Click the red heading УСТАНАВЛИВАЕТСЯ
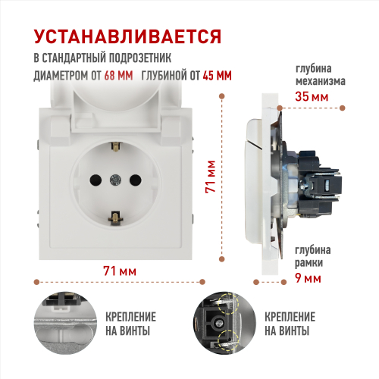pyautogui.click(x=127, y=37)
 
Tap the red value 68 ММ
pyautogui.click(x=118, y=75)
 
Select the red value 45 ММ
pyautogui.click(x=217, y=75)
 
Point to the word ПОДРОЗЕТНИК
pyautogui.click(x=136, y=58)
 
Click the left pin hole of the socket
pyautogui.click(x=96, y=180)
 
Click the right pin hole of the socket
pyautogui.click(x=136, y=180)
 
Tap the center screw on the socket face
pyautogui.click(x=115, y=180)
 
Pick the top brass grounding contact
pyautogui.click(x=116, y=146)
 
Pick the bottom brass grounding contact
pyautogui.click(x=115, y=218)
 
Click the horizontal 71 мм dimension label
pyautogui.click(x=120, y=271)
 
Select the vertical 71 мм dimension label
pyautogui.click(x=211, y=177)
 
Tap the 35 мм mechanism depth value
pyautogui.click(x=312, y=96)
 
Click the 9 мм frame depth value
pyautogui.click(x=308, y=278)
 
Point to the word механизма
pyautogui.click(x=321, y=81)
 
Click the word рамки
pyautogui.click(x=309, y=263)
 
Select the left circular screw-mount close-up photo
pyautogui.click(x=65, y=323)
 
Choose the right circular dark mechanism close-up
pyautogui.click(x=224, y=323)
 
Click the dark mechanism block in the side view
pyautogui.click(x=320, y=183)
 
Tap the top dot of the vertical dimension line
pyautogui.click(x=222, y=96)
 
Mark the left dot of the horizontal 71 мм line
pyautogui.click(x=36, y=282)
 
